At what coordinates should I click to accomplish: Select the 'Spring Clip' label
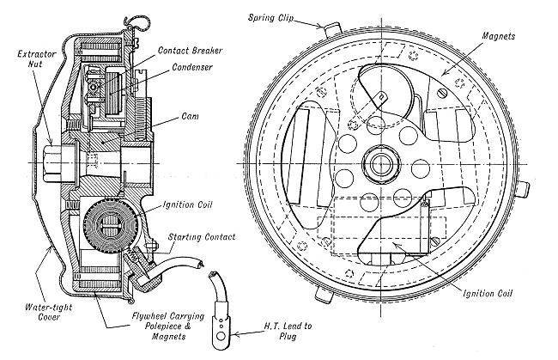click(278, 16)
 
